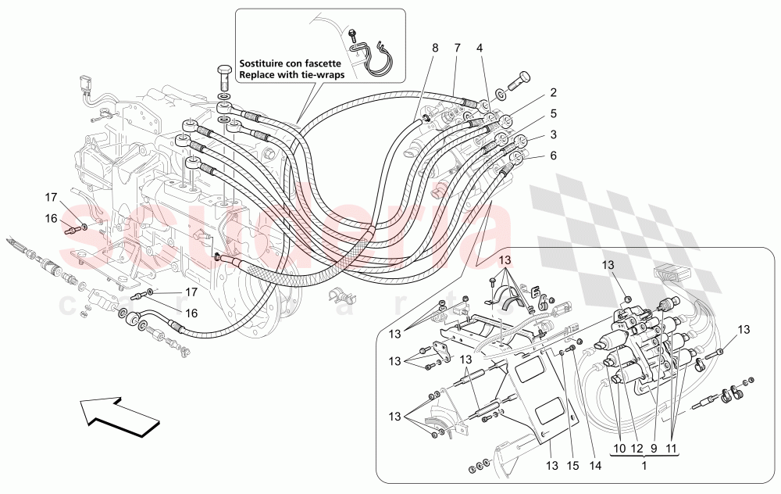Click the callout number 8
[435, 48]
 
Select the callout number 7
[457, 48]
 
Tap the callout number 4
[480, 48]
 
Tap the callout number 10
[619, 448]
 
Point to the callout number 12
[638, 448]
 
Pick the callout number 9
[655, 448]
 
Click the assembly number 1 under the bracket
[645, 465]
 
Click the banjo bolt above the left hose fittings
[223, 77]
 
